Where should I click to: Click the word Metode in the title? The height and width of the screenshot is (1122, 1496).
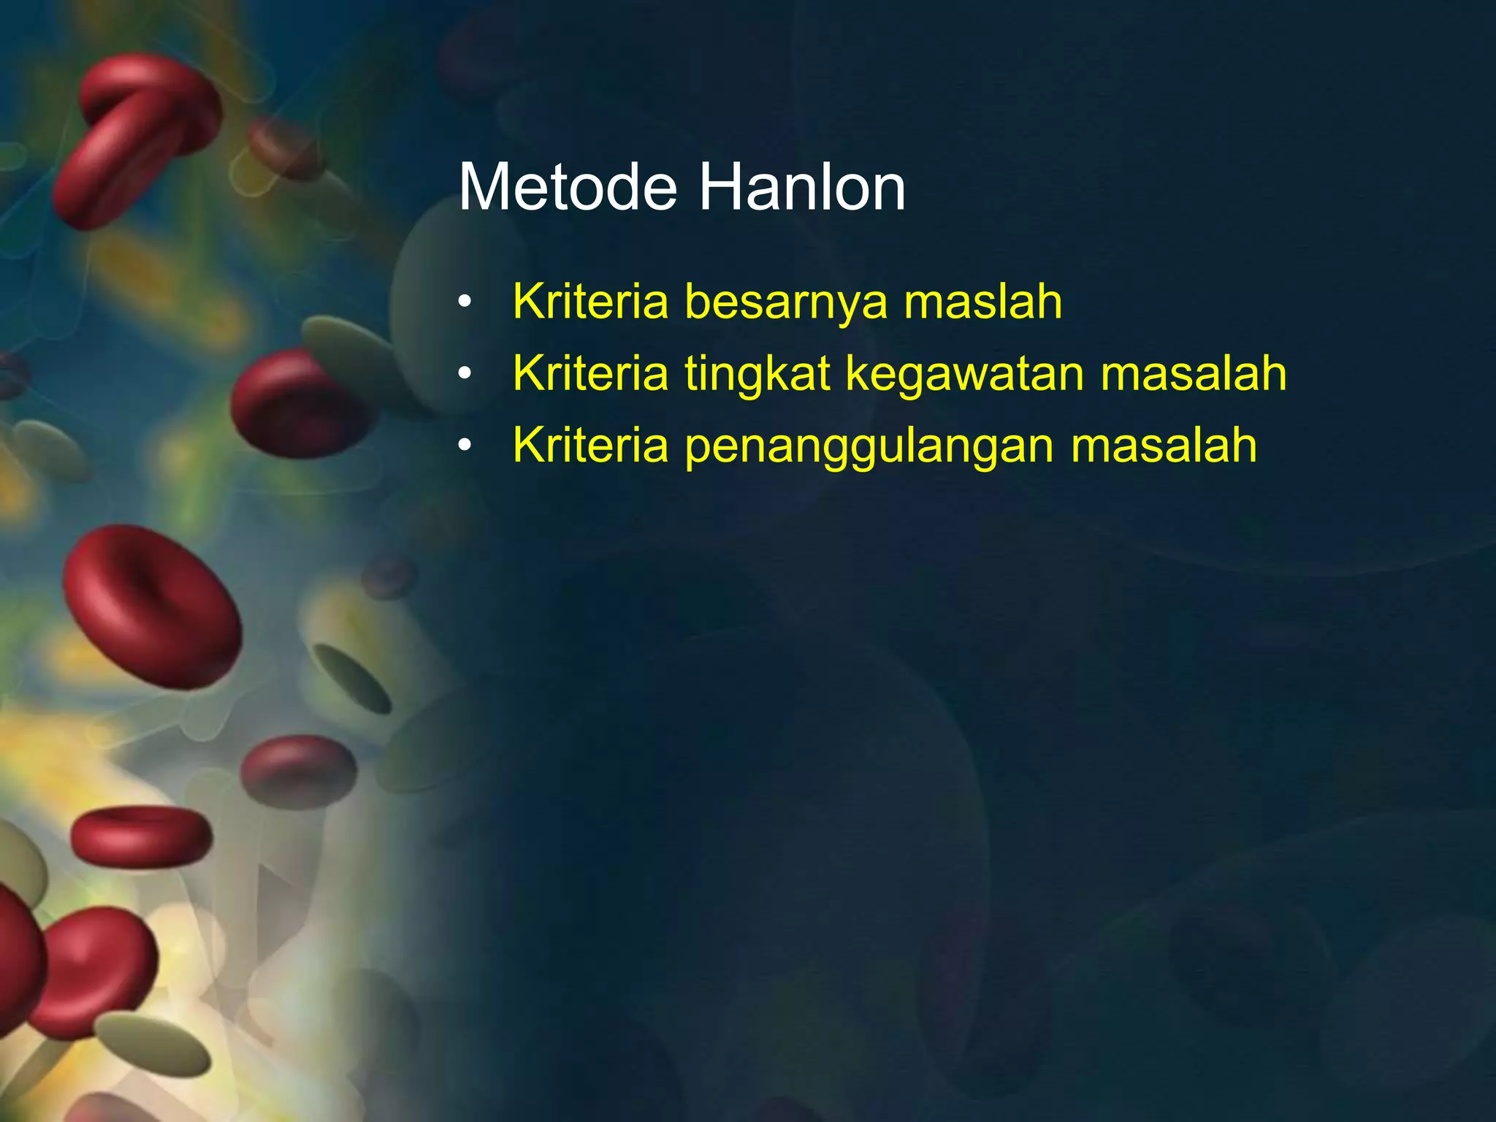point(568,188)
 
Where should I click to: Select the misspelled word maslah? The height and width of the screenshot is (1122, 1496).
point(982,301)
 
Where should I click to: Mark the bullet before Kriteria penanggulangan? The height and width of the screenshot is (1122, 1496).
point(465,446)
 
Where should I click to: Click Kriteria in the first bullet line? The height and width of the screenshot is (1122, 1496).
point(590,301)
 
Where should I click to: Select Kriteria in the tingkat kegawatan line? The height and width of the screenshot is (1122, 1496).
point(590,373)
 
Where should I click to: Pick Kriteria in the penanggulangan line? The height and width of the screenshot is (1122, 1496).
point(590,445)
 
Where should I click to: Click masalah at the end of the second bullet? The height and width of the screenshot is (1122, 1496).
point(1193,373)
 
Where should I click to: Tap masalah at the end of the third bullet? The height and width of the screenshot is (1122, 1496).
point(1164,445)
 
